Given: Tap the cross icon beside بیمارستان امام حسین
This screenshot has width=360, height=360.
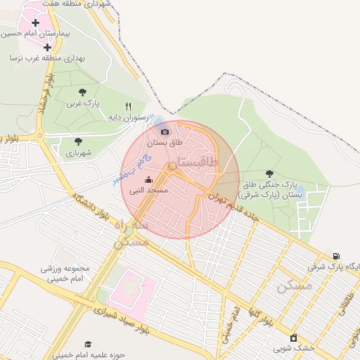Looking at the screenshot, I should click(x=36, y=22).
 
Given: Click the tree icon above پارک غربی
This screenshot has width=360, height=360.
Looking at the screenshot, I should click(x=84, y=91).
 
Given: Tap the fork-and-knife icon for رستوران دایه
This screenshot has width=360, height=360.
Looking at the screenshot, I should click(x=128, y=106).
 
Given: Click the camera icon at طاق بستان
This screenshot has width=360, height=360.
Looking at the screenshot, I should click(x=165, y=131).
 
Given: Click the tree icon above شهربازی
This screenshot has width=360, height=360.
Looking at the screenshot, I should click(x=77, y=141).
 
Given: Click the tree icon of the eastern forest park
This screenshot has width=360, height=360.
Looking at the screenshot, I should click(x=270, y=173).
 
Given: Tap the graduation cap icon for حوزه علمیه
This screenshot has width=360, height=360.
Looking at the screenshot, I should click(x=89, y=344).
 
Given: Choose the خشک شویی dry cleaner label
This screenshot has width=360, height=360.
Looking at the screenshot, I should click(x=292, y=348).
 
